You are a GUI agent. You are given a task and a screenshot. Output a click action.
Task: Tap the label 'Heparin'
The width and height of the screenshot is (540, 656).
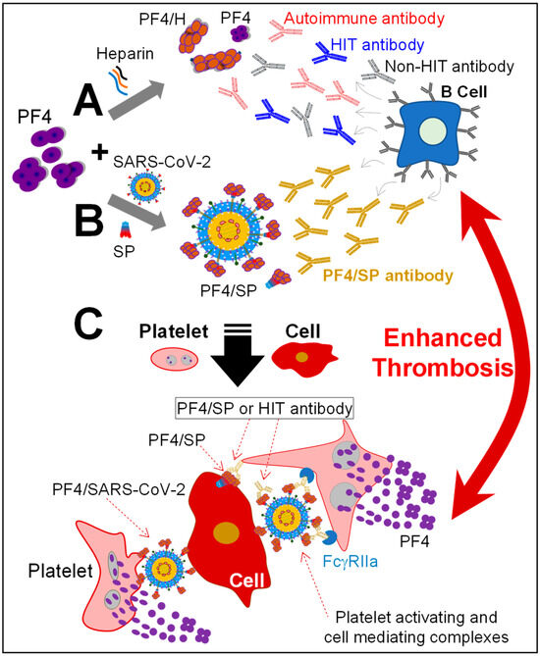point(122,56)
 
